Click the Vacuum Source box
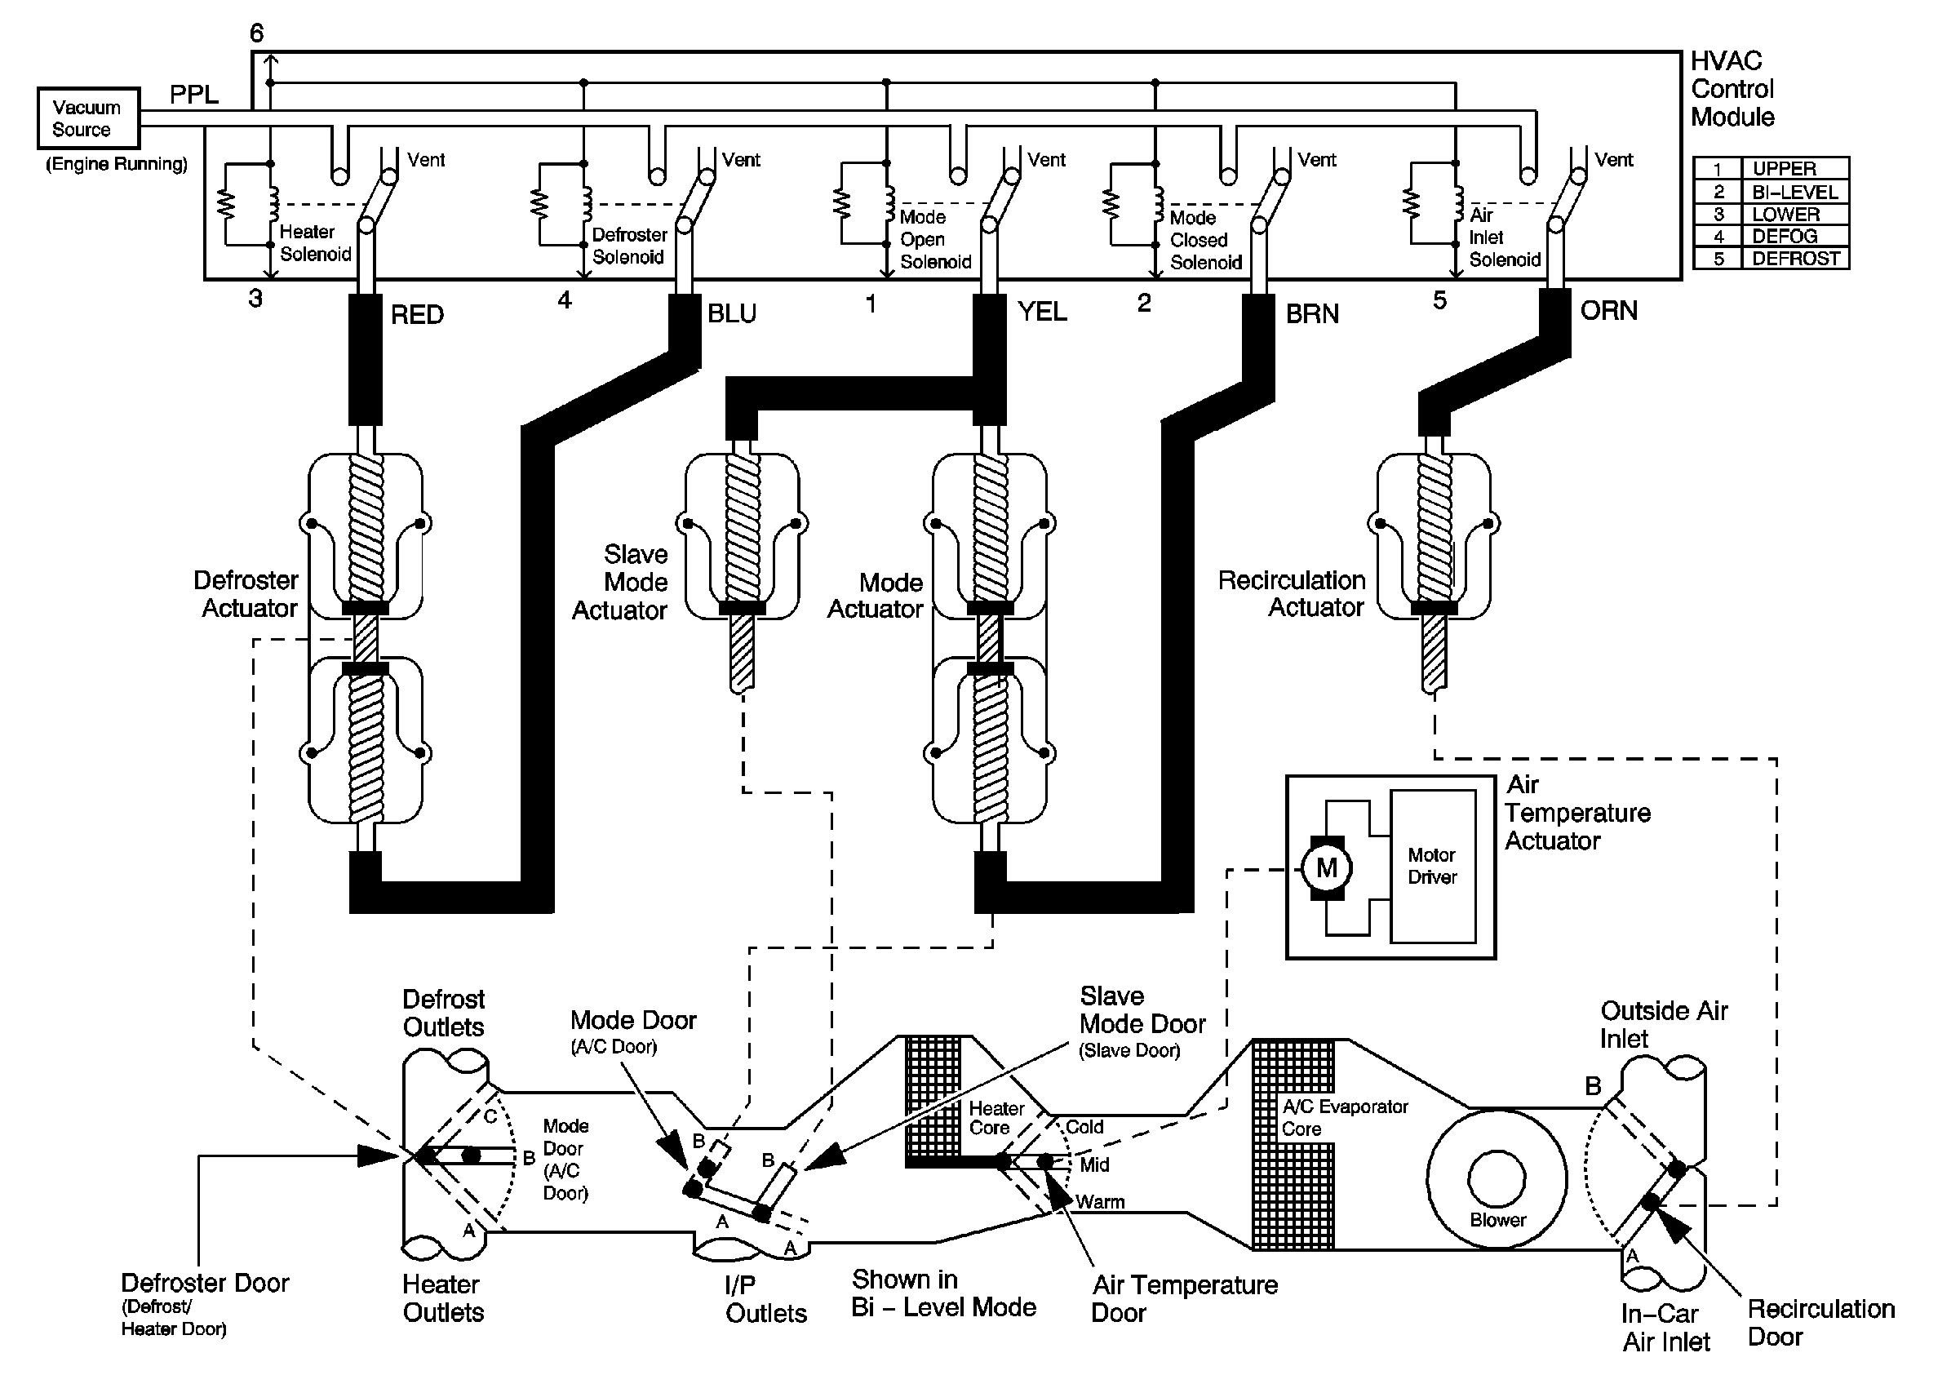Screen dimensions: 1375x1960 (88, 118)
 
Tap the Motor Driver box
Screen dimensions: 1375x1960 (1432, 866)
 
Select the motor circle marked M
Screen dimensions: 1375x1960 (1326, 868)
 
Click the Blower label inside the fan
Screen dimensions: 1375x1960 (1497, 1220)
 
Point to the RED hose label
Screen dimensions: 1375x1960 (417, 315)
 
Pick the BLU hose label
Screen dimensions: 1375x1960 (732, 313)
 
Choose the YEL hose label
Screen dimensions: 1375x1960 (1041, 312)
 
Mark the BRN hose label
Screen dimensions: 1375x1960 (1312, 314)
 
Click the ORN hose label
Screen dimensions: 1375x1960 (1608, 311)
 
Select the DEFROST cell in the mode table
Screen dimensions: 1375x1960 (1795, 259)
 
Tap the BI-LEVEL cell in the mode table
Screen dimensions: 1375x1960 (1794, 192)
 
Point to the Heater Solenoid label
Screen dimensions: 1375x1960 (315, 243)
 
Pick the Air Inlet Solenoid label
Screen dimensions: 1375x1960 (1503, 237)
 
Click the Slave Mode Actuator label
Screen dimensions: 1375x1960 (621, 582)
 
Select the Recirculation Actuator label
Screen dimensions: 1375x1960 (1291, 593)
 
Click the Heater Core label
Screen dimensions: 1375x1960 (996, 1117)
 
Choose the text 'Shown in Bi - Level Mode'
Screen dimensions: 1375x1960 (943, 1293)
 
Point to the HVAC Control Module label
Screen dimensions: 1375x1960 (1732, 89)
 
